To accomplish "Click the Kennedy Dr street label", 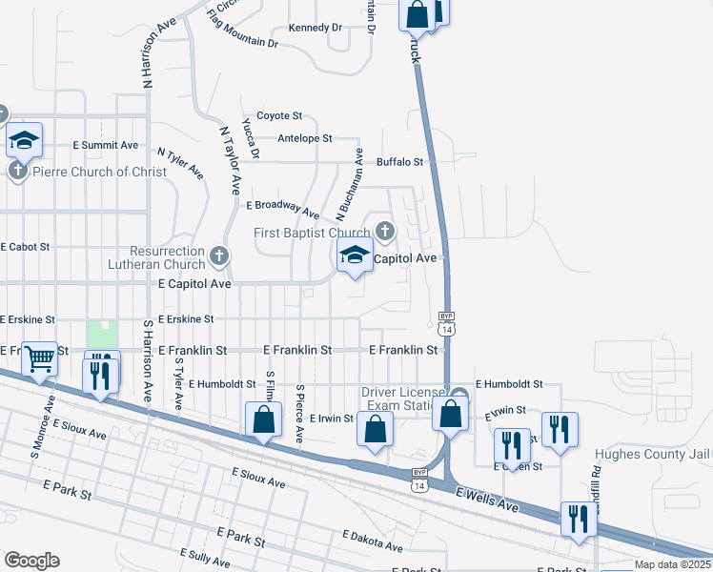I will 315,28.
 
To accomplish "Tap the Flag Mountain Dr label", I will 241,29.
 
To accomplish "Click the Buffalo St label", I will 399,162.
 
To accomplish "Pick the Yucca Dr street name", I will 251,138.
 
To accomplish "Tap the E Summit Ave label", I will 106,146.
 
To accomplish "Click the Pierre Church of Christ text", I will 87,172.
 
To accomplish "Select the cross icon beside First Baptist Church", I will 384,231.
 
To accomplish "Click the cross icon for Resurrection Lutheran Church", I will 219,255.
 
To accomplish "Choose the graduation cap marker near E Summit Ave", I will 24,142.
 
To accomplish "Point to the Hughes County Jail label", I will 653,454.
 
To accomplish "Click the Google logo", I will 31,561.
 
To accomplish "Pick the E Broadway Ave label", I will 282,208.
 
